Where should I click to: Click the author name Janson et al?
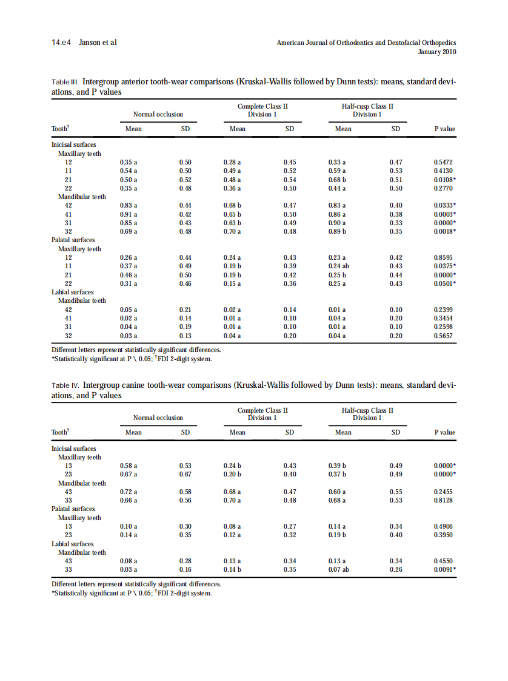98,42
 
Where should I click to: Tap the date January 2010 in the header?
437,52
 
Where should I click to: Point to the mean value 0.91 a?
129,214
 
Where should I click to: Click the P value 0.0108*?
445,180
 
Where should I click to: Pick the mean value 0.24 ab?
338,266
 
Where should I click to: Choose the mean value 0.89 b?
337,232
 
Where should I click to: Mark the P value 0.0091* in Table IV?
445,570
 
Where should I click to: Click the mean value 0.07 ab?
338,570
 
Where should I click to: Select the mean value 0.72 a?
129,492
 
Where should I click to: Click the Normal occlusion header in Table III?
158,114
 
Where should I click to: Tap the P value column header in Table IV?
445,432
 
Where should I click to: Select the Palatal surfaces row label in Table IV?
73,509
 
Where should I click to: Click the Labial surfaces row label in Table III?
73,292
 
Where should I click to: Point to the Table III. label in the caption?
65,81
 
